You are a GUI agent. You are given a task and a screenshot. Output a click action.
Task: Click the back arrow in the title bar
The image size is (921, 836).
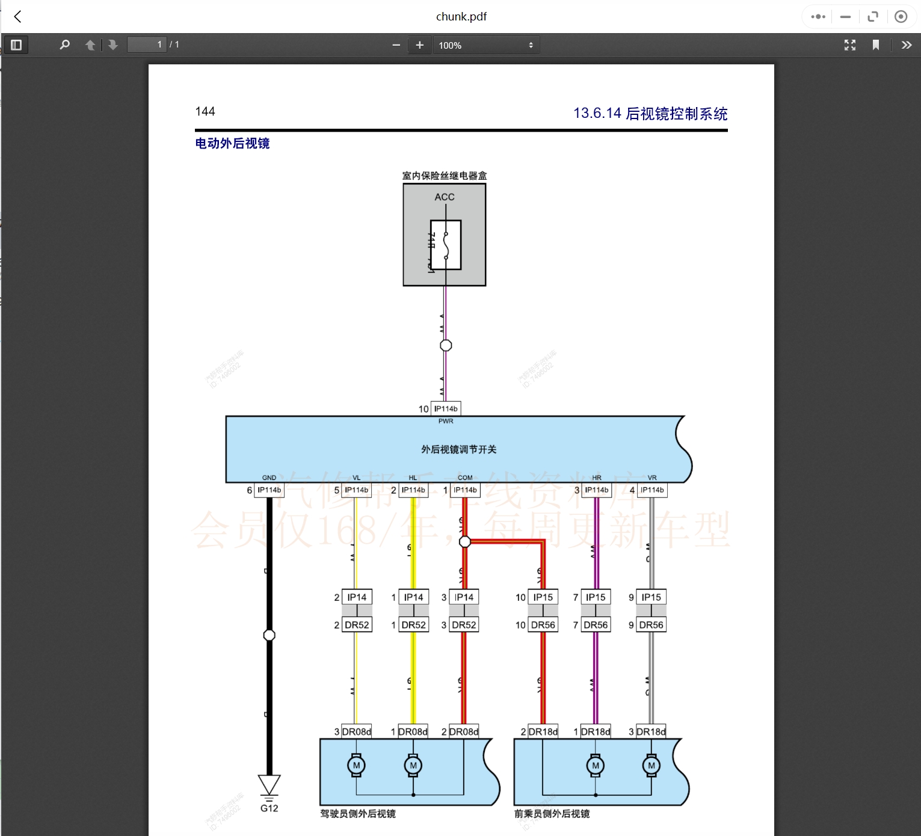[18, 17]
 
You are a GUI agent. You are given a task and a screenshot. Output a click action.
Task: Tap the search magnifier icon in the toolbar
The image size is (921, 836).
[65, 45]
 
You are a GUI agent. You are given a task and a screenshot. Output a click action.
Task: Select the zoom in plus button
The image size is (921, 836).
[419, 45]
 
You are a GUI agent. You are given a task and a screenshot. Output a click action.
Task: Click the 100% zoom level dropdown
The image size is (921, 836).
[485, 45]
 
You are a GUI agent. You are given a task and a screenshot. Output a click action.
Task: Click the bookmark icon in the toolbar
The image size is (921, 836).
[876, 45]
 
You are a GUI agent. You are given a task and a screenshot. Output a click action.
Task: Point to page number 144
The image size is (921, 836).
[205, 111]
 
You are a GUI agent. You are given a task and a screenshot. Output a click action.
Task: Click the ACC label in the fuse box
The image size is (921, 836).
[445, 197]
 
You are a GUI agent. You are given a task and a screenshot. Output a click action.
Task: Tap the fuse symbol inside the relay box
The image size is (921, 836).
[446, 245]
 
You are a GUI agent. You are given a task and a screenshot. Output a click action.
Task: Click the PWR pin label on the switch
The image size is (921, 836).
[446, 421]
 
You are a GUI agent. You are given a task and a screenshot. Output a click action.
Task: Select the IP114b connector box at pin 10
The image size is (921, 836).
[446, 409]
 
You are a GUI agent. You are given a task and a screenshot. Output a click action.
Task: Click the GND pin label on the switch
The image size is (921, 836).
[269, 478]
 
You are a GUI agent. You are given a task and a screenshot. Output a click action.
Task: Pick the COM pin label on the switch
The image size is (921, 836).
[465, 478]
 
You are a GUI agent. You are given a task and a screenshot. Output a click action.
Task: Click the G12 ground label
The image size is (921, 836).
[270, 808]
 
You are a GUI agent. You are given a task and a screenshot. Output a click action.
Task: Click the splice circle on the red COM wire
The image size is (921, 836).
[465, 542]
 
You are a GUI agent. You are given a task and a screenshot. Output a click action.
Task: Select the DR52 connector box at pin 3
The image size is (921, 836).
[464, 625]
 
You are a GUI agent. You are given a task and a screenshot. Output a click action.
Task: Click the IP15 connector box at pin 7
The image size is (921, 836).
[596, 597]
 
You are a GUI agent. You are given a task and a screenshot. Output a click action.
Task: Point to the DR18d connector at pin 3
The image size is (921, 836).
[651, 732]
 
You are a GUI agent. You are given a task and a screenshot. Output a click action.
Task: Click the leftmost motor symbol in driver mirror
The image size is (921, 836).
[356, 766]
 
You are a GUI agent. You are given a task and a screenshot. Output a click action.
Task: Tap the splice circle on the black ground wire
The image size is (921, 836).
[270, 635]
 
